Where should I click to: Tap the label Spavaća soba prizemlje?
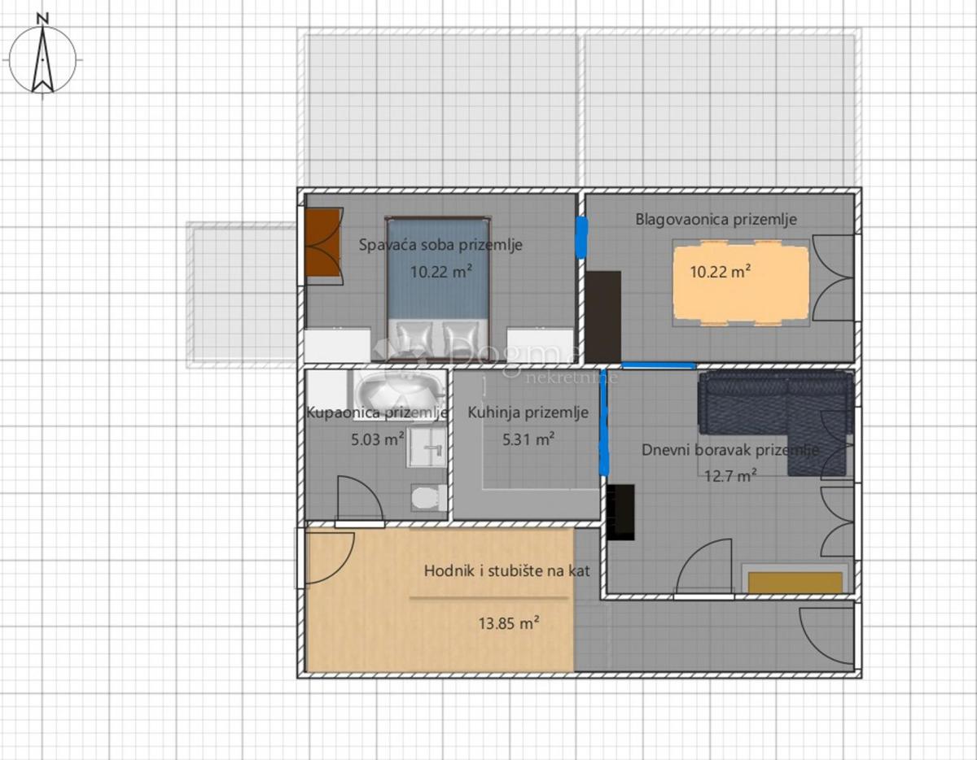440,245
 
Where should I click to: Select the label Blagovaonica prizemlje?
716,219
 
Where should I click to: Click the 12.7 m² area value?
730,476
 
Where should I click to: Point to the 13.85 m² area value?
510,623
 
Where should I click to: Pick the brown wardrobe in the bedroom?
324,245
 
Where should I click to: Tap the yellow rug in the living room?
795,583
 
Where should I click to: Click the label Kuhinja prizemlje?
528,413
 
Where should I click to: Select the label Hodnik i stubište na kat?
506,571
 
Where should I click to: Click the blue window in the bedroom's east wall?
581,237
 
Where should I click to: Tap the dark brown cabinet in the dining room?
603,316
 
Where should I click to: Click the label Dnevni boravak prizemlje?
730,450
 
